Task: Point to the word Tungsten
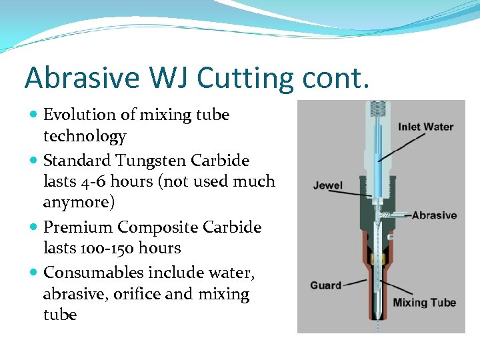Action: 151,161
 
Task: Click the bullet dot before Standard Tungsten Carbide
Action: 34,161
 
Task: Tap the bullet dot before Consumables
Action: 34,273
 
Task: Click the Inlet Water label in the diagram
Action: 425,127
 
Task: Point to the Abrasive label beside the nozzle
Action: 434,215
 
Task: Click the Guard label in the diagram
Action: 325,285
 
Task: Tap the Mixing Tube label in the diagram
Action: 424,303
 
